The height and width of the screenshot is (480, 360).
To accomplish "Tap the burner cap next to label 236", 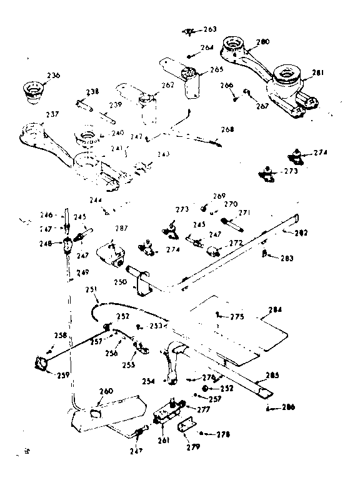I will click(32, 90).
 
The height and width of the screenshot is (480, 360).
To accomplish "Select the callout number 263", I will click(210, 29).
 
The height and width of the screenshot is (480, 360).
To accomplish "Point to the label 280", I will click(263, 42).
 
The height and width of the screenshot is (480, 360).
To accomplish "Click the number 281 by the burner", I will click(318, 72).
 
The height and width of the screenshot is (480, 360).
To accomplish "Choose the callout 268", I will click(227, 130).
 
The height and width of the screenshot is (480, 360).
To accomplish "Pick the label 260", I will click(106, 391).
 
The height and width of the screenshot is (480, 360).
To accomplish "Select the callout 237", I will click(52, 114).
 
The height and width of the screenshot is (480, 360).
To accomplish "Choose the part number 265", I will click(216, 69).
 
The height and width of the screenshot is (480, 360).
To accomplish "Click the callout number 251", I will click(92, 289).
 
